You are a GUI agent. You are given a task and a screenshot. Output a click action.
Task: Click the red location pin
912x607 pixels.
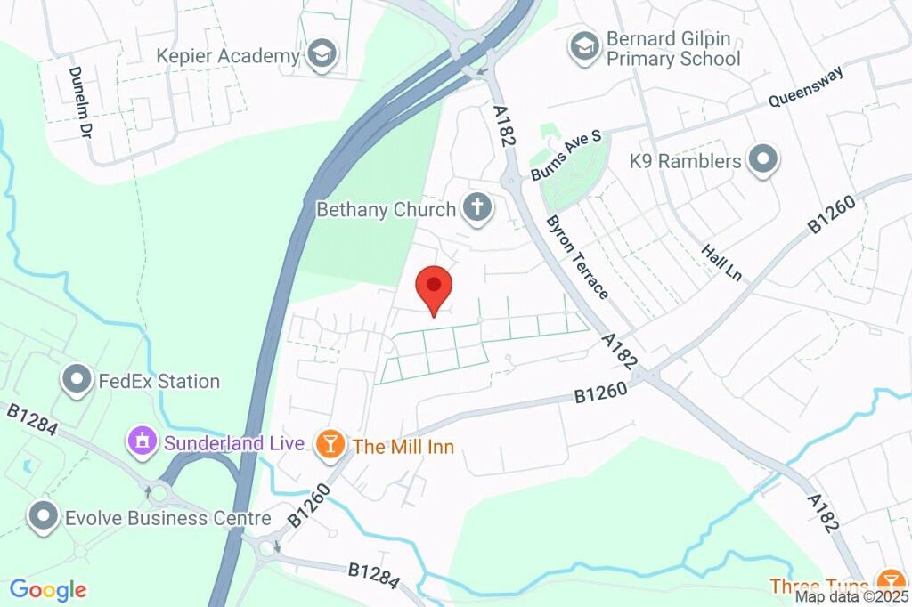pyautogui.click(x=435, y=287)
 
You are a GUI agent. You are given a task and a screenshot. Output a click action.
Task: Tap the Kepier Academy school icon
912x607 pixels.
pyautogui.click(x=321, y=55)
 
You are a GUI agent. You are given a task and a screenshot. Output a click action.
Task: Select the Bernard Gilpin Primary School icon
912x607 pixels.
pyautogui.click(x=584, y=46)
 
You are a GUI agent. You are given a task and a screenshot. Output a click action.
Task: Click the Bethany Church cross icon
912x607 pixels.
pyautogui.click(x=476, y=209)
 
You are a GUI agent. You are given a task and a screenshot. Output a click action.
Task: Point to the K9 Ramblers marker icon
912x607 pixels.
pyautogui.click(x=762, y=161)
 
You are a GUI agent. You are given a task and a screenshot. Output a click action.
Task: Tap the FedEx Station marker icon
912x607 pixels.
pyautogui.click(x=77, y=381)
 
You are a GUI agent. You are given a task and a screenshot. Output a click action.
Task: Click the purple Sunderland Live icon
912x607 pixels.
pyautogui.click(x=141, y=441)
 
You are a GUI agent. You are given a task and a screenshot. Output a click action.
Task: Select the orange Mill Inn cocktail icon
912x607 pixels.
pyautogui.click(x=330, y=444)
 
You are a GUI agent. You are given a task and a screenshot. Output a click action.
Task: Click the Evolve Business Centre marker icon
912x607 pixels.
pyautogui.click(x=43, y=517)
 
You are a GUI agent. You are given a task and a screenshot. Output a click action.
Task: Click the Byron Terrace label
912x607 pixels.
pyautogui.click(x=578, y=257)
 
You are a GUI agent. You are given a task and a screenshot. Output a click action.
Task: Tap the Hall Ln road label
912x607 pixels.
pyautogui.click(x=722, y=263)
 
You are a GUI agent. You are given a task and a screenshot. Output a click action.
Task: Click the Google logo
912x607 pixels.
pyautogui.click(x=48, y=589)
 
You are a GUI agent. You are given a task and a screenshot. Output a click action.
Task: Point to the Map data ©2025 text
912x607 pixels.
pyautogui.click(x=851, y=597)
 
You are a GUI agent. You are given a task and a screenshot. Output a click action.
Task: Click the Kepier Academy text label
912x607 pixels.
pyautogui.click(x=229, y=56)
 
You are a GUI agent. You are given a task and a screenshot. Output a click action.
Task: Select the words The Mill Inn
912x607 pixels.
pyautogui.click(x=403, y=446)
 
